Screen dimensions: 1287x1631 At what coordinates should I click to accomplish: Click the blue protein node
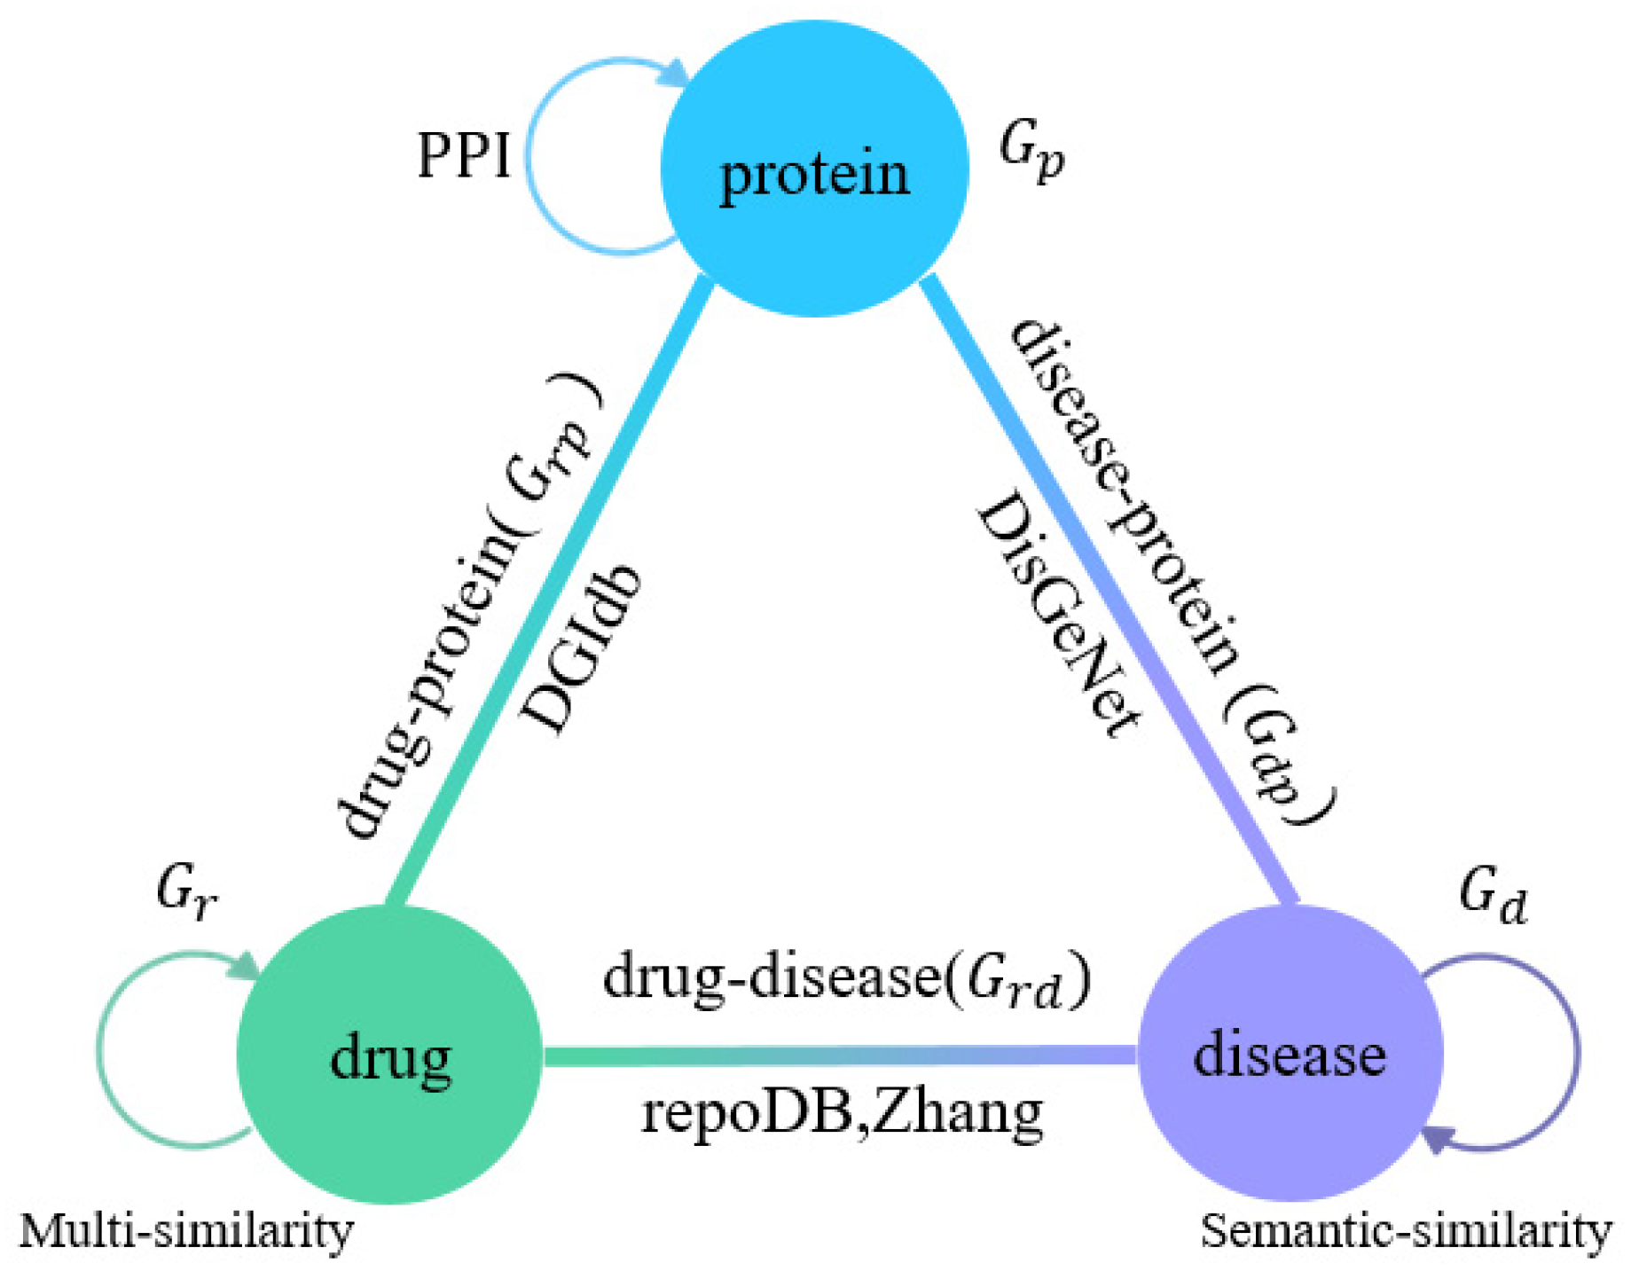pyautogui.click(x=814, y=169)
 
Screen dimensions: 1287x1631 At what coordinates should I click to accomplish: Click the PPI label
pyautogui.click(x=464, y=156)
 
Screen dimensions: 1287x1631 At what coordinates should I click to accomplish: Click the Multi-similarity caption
pyautogui.click(x=186, y=1231)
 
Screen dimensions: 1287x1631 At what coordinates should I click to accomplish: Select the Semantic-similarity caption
pyautogui.click(x=1406, y=1231)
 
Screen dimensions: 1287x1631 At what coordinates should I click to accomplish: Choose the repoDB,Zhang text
pyautogui.click(x=842, y=1112)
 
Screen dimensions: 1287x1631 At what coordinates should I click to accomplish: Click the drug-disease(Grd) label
pyautogui.click(x=847, y=979)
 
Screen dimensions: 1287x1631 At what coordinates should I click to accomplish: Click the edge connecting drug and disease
pyautogui.click(x=838, y=1055)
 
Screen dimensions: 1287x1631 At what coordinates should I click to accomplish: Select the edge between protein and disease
pyautogui.click(x=1109, y=590)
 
